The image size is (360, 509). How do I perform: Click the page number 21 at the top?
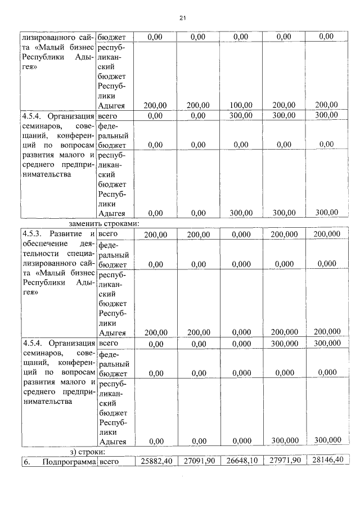(x=182, y=18)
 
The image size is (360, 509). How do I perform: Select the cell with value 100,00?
(x=240, y=105)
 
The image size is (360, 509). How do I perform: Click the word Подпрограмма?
(x=73, y=461)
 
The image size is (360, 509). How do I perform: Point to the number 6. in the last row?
(x=26, y=461)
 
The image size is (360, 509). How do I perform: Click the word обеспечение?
(x=42, y=244)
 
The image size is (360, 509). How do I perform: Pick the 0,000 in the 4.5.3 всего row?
(x=241, y=234)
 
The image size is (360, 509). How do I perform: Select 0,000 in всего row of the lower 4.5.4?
(x=241, y=343)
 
